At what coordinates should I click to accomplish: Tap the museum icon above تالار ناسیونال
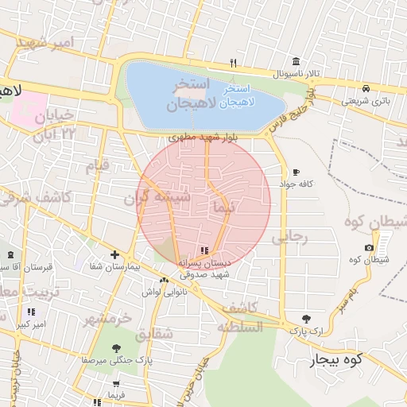point(296,62)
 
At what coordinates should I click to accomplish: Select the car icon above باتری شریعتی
point(365,88)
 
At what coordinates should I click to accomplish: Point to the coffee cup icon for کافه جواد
point(296,172)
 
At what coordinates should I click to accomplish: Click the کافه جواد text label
point(297,184)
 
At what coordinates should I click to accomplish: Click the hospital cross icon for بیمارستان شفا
point(115,255)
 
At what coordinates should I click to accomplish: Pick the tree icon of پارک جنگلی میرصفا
point(117,347)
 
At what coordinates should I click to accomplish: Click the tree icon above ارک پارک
point(296,318)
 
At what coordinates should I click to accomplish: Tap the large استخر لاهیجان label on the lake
point(188,94)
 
